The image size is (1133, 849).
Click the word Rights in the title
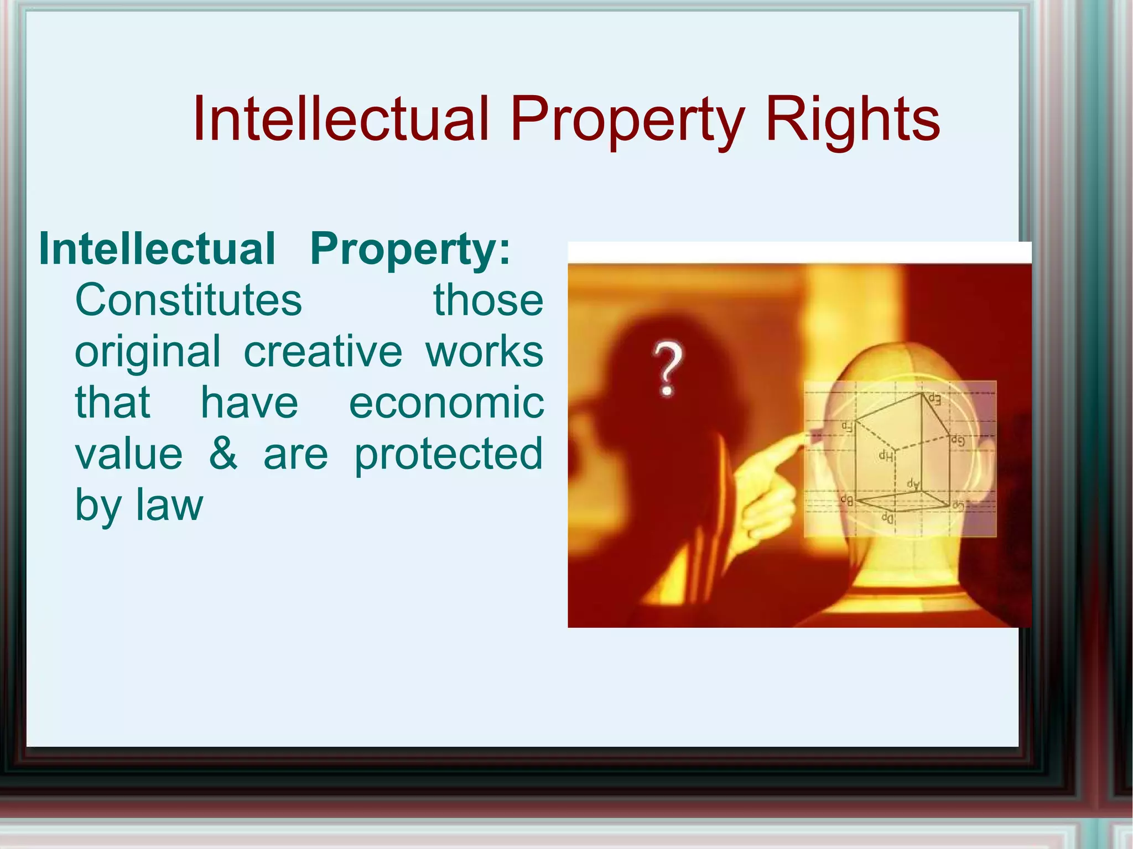coord(852,119)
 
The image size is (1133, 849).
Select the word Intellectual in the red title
coord(341,118)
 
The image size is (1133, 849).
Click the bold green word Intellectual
coord(157,248)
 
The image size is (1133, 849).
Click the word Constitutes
coord(189,300)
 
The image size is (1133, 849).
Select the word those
coord(488,300)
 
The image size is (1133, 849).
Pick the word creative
coord(323,352)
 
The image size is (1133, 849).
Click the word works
coord(485,352)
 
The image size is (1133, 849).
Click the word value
coord(129,454)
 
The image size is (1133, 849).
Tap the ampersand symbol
coord(223,454)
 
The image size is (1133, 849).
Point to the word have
coord(249,403)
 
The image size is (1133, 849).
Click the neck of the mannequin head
coord(907,570)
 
